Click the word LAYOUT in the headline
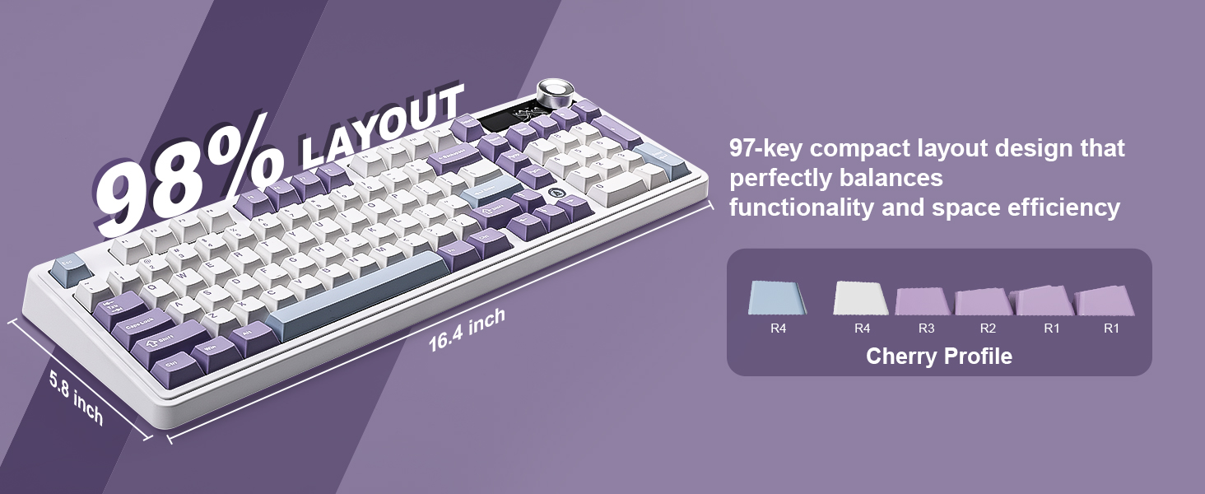pyautogui.click(x=381, y=126)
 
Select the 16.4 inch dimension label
pyautogui.click(x=466, y=330)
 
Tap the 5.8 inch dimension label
pyautogui.click(x=76, y=397)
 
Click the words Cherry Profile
pyautogui.click(x=938, y=357)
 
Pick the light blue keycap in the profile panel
pyautogui.click(x=777, y=298)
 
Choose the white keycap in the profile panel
pyautogui.click(x=862, y=298)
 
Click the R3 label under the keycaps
pyautogui.click(x=926, y=329)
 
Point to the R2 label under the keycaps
pyautogui.click(x=988, y=329)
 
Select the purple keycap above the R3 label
pyautogui.click(x=925, y=301)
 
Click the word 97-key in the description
pyautogui.click(x=770, y=149)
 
